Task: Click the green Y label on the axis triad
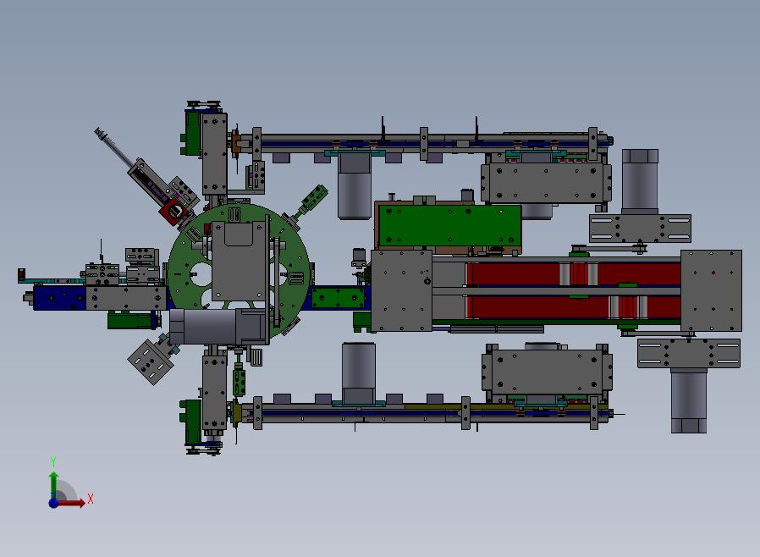point(53,461)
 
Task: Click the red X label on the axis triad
point(91,499)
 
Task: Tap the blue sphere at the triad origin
point(53,503)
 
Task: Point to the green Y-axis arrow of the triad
point(54,485)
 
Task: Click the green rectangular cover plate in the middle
point(449,226)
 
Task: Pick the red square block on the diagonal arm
point(174,212)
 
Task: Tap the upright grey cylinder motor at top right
point(640,181)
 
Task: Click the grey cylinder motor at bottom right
point(689,400)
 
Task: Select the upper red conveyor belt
point(572,274)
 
